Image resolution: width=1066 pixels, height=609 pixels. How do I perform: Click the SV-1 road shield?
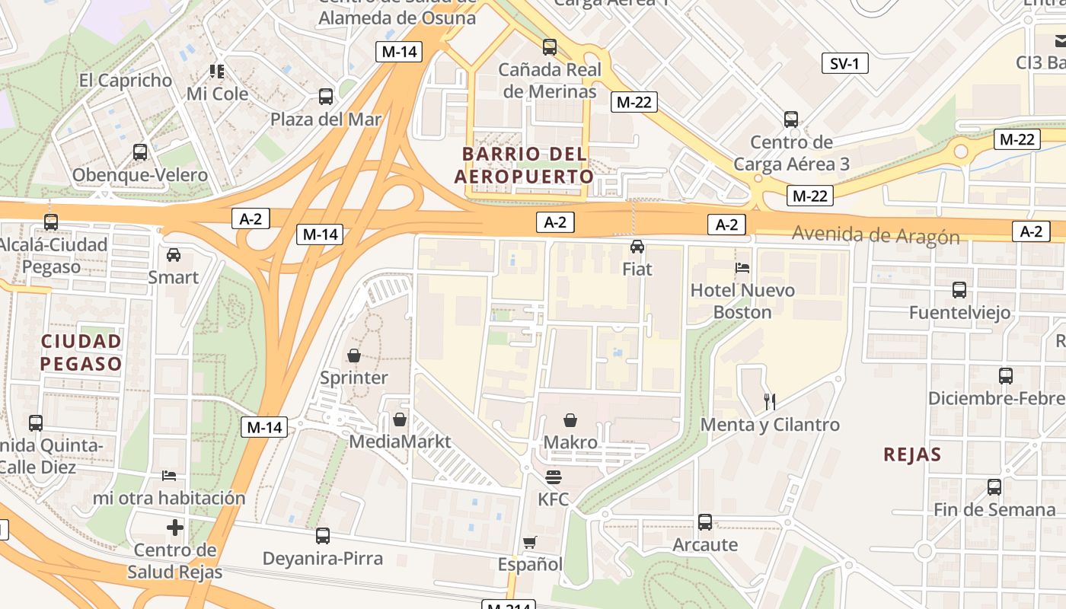(844, 64)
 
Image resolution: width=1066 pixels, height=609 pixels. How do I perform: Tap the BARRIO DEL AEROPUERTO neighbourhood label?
(524, 165)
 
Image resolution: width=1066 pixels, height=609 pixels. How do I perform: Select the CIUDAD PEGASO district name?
(81, 352)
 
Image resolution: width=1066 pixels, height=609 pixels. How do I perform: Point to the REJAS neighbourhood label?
(912, 454)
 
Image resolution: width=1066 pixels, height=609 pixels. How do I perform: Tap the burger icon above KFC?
(554, 477)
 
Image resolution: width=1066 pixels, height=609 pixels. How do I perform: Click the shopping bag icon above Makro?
(570, 419)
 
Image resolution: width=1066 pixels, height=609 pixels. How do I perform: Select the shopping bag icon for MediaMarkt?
(399, 419)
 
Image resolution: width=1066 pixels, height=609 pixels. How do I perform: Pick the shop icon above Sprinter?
(353, 355)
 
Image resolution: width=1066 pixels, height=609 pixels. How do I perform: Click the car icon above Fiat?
(637, 246)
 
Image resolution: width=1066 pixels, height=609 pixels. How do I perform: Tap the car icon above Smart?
(174, 254)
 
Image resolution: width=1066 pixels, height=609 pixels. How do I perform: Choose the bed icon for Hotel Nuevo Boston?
(742, 267)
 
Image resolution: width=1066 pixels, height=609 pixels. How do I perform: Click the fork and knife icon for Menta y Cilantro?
(770, 401)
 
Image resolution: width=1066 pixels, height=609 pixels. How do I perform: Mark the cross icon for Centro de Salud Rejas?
(175, 527)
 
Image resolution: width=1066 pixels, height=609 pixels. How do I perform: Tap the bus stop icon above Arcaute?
(705, 522)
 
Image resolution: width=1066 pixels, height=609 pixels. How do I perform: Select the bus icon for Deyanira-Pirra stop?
(323, 535)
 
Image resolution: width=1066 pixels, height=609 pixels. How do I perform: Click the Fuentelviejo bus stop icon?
(959, 289)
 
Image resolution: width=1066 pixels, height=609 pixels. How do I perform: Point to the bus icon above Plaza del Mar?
(326, 97)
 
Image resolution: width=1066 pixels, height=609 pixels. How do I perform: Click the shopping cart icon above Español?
(530, 542)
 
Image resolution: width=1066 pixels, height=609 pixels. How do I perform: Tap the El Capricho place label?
(126, 80)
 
